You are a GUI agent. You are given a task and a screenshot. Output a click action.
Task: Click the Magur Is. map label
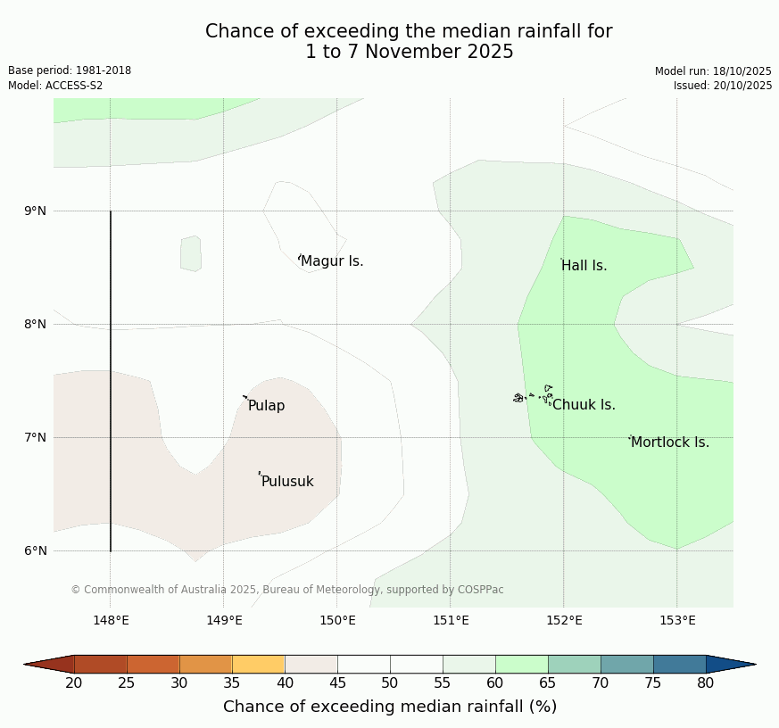tap(332, 261)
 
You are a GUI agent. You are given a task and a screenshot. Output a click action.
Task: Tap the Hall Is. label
tap(584, 266)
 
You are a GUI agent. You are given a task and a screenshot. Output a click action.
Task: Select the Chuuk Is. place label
tap(584, 405)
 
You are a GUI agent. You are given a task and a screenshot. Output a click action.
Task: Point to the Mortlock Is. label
tap(669, 443)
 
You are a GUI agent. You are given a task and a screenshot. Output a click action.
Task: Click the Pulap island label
tap(266, 406)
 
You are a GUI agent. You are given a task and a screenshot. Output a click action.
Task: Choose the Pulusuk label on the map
tap(287, 482)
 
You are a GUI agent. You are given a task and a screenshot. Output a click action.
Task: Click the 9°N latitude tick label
tap(35, 211)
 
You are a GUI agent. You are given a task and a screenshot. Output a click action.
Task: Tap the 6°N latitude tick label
tap(35, 550)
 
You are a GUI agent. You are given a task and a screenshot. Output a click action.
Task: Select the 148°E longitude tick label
tap(111, 621)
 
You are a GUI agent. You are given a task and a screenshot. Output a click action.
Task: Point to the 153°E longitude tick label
tap(677, 621)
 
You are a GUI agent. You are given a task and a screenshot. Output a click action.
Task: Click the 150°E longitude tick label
tap(337, 621)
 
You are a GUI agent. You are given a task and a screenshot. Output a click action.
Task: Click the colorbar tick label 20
tap(74, 683)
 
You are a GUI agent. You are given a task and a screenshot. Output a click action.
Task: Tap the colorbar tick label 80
tap(706, 683)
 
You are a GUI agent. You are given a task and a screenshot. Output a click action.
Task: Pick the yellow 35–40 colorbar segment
tap(259, 665)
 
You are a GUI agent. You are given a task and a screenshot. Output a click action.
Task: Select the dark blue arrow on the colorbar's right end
tap(730, 665)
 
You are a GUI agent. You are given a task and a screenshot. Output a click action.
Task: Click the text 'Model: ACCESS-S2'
tap(55, 86)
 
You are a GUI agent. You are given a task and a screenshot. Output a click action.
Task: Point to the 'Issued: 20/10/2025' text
tap(723, 86)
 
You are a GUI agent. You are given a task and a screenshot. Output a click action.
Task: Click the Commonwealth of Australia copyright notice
tap(287, 590)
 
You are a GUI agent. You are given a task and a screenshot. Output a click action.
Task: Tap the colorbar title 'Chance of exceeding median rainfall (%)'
tap(390, 707)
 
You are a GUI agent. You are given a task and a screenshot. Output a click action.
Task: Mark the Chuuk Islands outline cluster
tap(534, 395)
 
